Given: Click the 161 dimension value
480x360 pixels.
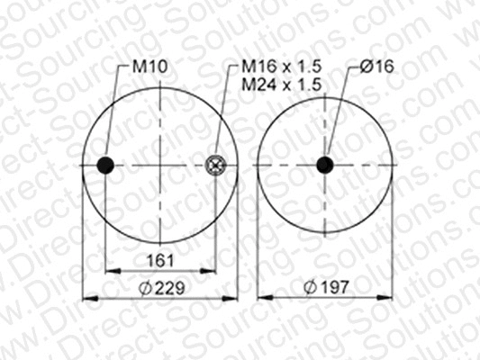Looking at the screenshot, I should coord(159,261).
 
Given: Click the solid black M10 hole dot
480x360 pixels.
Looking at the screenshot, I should coord(105,165).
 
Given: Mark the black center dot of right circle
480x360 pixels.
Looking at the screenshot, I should coord(324,165).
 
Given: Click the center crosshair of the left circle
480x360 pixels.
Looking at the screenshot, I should coord(160,165).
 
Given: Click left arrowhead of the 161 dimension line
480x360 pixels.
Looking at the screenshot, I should coord(109,270).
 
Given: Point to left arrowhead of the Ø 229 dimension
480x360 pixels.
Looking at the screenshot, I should coord(86,296).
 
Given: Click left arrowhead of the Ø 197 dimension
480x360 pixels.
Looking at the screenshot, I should coord(261,296).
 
